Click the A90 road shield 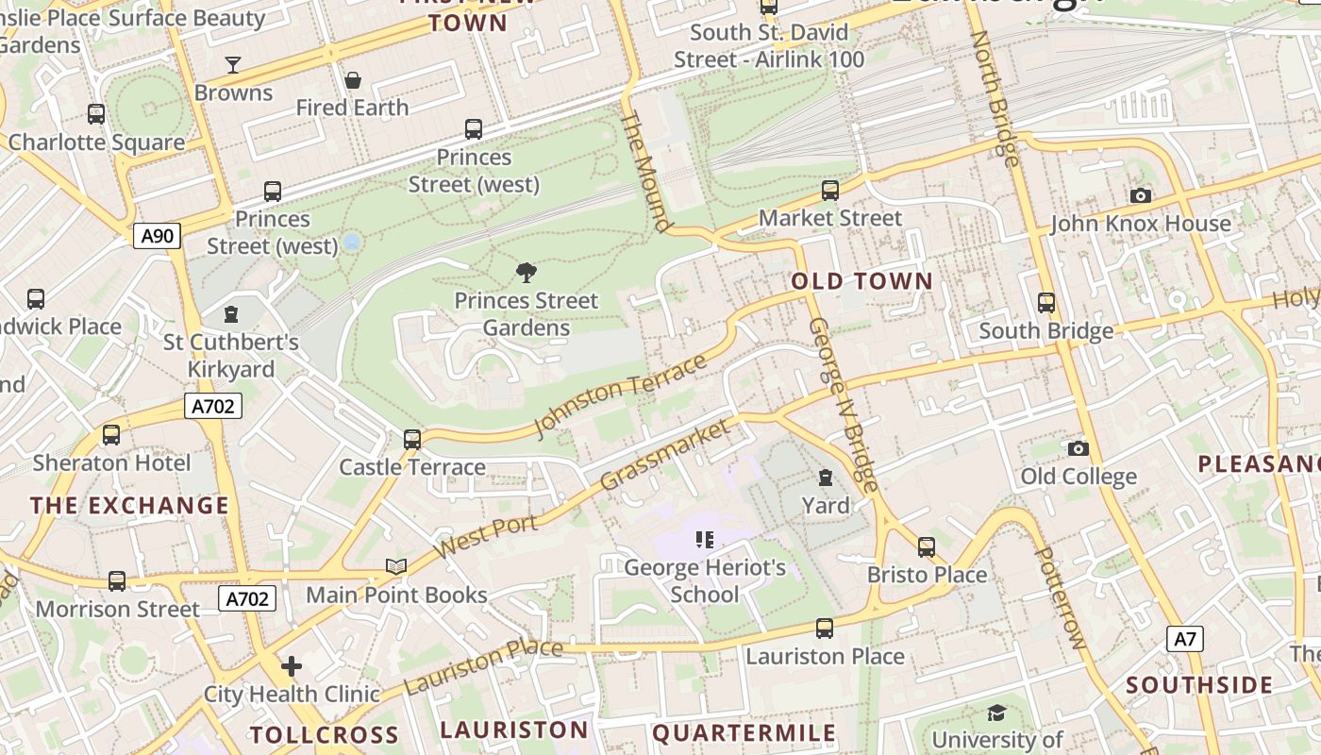[x=157, y=235]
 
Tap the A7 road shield [x=1185, y=639]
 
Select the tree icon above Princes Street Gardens [x=527, y=273]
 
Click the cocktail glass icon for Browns [x=233, y=65]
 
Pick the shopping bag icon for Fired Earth [x=353, y=80]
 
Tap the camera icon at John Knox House [x=1140, y=195]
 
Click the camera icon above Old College [x=1079, y=448]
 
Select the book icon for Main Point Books [x=396, y=566]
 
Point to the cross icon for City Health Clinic [x=292, y=666]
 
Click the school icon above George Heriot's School [x=705, y=540]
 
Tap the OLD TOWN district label [x=861, y=281]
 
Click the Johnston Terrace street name [x=619, y=395]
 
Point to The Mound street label [x=647, y=171]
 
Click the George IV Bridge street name [x=843, y=405]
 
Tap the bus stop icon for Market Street [x=830, y=191]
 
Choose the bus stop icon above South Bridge [x=1046, y=303]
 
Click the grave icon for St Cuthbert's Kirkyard [x=231, y=314]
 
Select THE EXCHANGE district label [x=129, y=505]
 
